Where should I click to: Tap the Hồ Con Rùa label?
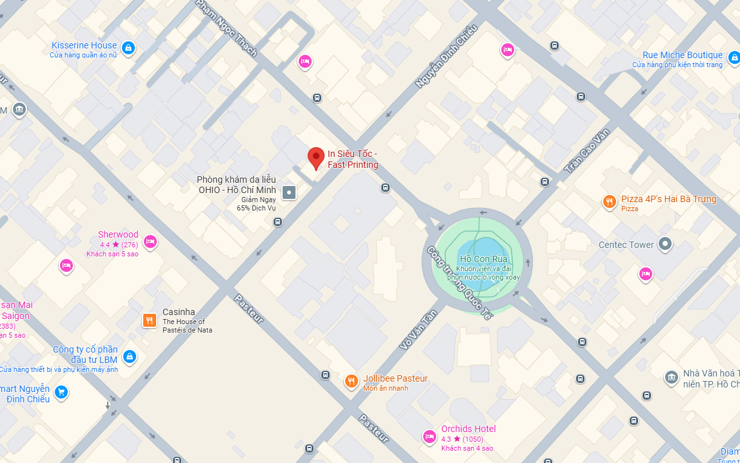point(484,259)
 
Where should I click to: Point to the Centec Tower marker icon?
point(665,245)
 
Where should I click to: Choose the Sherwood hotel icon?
point(150,242)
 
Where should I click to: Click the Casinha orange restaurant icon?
point(149,320)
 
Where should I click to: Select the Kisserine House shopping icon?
point(128,48)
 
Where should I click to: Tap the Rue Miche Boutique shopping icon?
point(734,58)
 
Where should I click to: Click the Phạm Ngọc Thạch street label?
point(226,28)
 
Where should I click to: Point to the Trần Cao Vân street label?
point(587,150)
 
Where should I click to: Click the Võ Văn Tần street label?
point(418,329)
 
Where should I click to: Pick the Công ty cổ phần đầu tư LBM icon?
point(129,356)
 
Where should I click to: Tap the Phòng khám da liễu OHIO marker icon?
point(290,192)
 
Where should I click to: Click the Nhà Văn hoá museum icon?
point(671,377)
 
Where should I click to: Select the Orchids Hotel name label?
point(468,429)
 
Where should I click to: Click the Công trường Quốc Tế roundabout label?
point(458,283)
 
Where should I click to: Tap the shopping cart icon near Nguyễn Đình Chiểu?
point(61,392)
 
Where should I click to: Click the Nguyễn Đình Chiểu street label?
point(446,56)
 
